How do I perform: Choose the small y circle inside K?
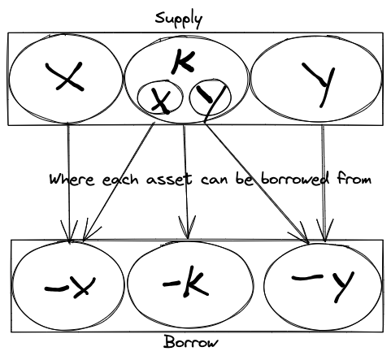coord(210,98)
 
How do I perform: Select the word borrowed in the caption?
coord(294,179)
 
